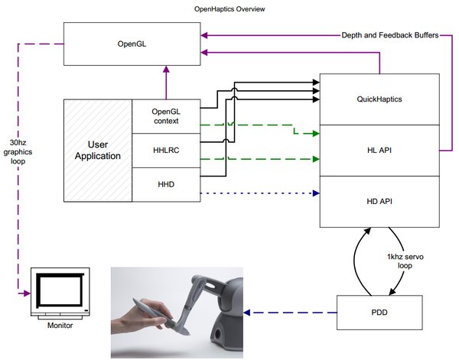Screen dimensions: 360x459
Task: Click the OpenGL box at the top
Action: tap(127, 44)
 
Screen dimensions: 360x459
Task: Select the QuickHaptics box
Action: tap(379, 99)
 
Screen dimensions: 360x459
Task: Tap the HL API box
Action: tap(379, 150)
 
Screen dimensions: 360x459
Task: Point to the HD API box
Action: tap(379, 201)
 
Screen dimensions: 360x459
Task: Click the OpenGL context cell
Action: tap(165, 116)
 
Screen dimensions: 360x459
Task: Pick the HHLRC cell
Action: tap(165, 151)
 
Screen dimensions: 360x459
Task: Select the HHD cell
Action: tap(165, 185)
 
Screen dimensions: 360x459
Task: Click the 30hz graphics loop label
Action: tap(21, 152)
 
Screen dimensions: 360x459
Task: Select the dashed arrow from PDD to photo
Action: tap(290, 312)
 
